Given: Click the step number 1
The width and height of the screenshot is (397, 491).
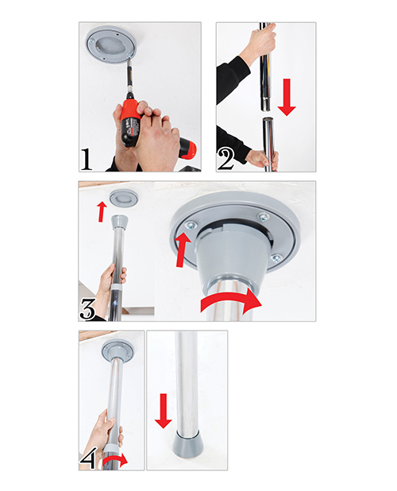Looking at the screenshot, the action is [x=87, y=160].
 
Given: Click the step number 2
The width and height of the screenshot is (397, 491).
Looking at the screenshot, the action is [x=225, y=160].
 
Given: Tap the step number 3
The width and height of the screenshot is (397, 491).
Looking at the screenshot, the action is [x=87, y=309].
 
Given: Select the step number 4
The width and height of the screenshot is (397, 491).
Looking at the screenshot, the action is [x=88, y=459].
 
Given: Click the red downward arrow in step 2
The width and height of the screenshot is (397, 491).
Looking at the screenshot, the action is [x=287, y=97].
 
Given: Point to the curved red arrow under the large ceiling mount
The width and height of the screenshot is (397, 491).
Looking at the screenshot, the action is [x=232, y=301].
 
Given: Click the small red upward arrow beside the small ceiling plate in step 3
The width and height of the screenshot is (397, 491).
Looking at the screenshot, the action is [x=101, y=211].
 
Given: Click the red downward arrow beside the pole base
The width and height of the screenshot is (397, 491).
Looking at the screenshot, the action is [x=163, y=411].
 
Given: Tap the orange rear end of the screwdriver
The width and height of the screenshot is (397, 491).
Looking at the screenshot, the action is [x=188, y=148].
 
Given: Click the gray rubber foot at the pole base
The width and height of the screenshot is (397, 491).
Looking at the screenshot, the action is [x=187, y=443].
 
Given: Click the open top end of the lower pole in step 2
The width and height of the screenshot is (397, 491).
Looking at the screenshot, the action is [x=269, y=119].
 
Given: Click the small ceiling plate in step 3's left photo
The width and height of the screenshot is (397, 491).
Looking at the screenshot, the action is [x=124, y=198].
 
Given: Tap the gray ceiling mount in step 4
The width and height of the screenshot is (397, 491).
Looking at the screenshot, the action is [x=118, y=351].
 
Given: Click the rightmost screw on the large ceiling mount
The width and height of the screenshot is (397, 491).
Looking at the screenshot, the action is [x=276, y=258].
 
